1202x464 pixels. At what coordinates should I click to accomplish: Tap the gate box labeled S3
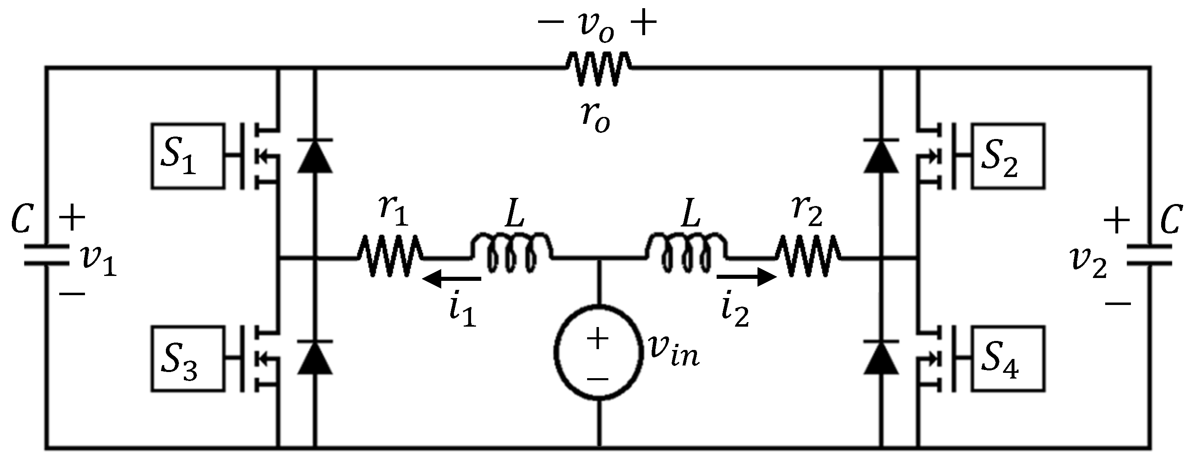click(188, 359)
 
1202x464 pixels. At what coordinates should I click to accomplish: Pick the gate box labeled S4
click(1008, 359)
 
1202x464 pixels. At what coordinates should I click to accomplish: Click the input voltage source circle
click(598, 353)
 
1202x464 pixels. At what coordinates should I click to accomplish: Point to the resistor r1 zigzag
click(390, 257)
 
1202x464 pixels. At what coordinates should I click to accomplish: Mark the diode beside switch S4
click(881, 358)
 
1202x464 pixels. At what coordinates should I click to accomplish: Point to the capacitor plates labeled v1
click(47, 255)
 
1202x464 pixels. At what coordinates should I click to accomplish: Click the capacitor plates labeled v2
click(1149, 255)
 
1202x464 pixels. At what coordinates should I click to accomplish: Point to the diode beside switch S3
click(315, 358)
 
